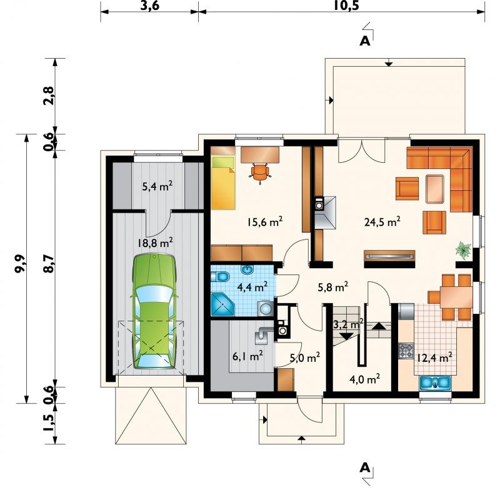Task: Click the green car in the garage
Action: [x=154, y=311]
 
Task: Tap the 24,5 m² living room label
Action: [x=382, y=221]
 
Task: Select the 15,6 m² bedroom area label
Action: [x=264, y=221]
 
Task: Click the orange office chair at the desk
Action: [x=261, y=173]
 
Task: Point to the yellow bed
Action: [x=223, y=183]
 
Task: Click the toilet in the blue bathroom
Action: [x=220, y=276]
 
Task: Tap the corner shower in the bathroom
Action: [x=222, y=304]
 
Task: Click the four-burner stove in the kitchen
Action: [x=406, y=351]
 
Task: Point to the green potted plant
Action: [x=463, y=249]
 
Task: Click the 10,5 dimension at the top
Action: [x=347, y=6]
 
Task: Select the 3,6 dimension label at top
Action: [x=149, y=6]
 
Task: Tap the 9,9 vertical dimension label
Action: [x=19, y=263]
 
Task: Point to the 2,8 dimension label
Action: [x=49, y=95]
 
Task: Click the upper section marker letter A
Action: [x=365, y=41]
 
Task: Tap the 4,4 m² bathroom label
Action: [x=252, y=287]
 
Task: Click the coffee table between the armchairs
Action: [x=434, y=188]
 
